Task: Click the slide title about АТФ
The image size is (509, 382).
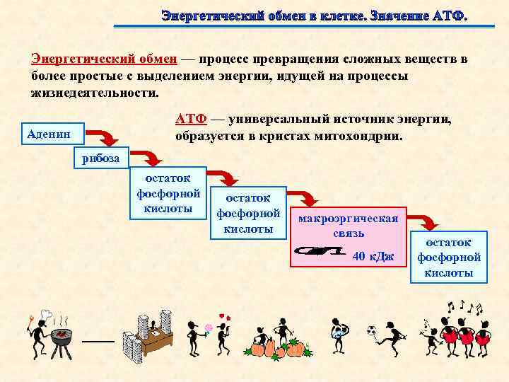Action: (314, 15)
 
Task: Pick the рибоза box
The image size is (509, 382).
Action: (100, 158)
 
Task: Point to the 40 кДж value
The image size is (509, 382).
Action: (373, 255)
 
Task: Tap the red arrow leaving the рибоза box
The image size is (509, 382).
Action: (146, 157)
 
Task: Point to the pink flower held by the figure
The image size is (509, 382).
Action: (209, 328)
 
